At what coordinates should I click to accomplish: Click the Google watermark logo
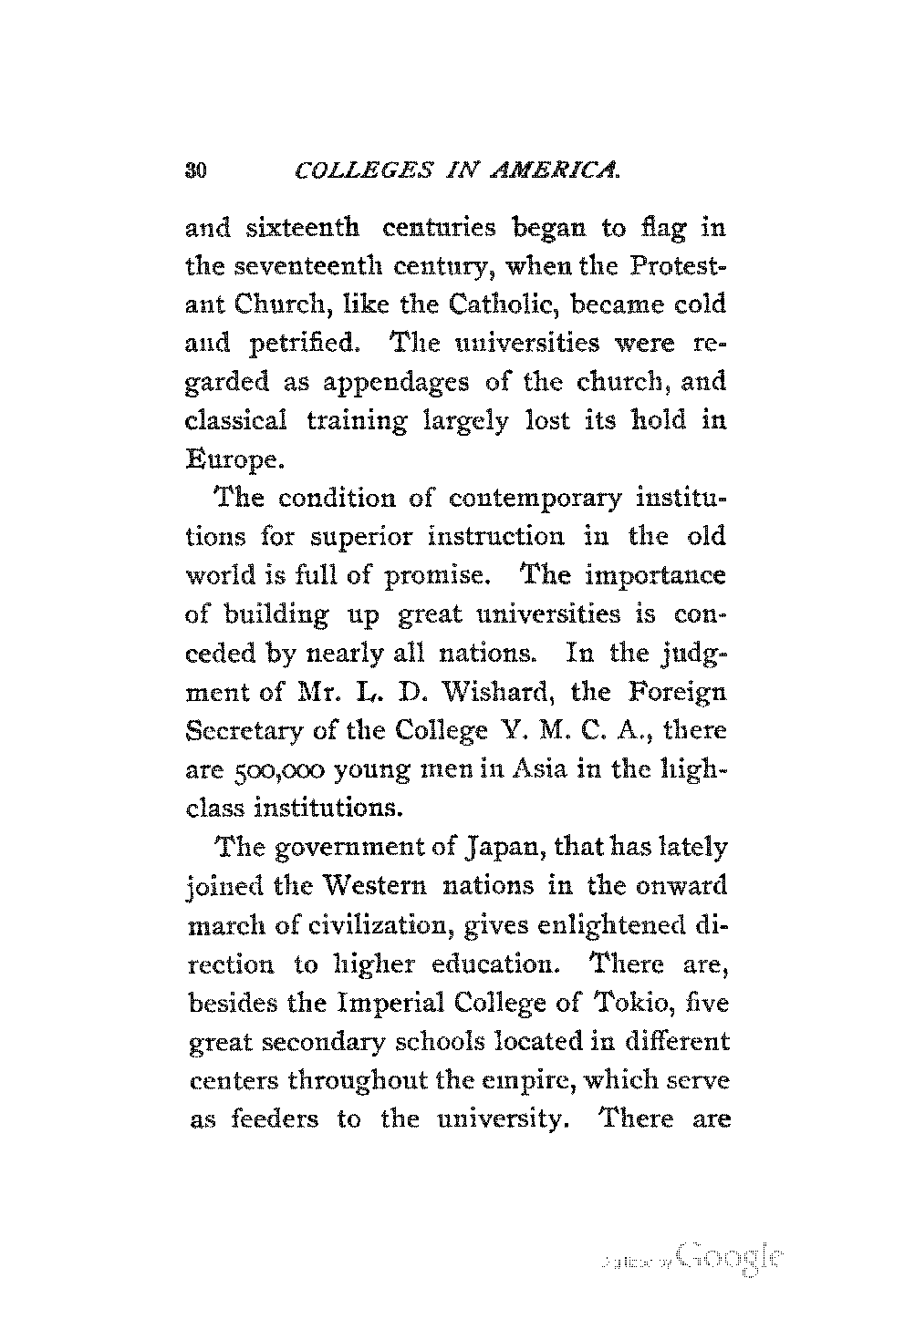[733, 1259]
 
